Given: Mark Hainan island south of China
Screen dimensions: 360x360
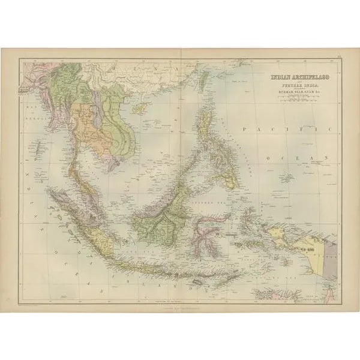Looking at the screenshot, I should tap(139, 107).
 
